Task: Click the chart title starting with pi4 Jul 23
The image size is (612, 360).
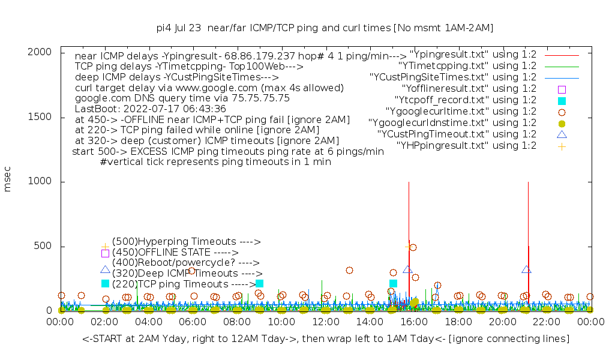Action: (325, 28)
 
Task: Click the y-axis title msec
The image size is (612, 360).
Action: (8, 180)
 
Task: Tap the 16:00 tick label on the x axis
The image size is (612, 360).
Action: (414, 322)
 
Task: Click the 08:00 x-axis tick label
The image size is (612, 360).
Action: (237, 322)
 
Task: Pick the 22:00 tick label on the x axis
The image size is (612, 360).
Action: (547, 322)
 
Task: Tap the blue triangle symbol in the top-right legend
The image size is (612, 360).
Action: (562, 134)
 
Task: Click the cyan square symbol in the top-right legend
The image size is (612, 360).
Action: (562, 100)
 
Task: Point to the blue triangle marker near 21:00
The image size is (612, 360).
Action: (526, 270)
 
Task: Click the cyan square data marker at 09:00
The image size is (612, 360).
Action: (259, 283)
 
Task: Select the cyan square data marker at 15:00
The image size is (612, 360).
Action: (393, 283)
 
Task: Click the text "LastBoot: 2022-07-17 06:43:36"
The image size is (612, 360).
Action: (150, 109)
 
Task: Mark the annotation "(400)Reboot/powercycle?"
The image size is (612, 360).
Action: (185, 263)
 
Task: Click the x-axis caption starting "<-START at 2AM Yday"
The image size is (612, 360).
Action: (326, 339)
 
